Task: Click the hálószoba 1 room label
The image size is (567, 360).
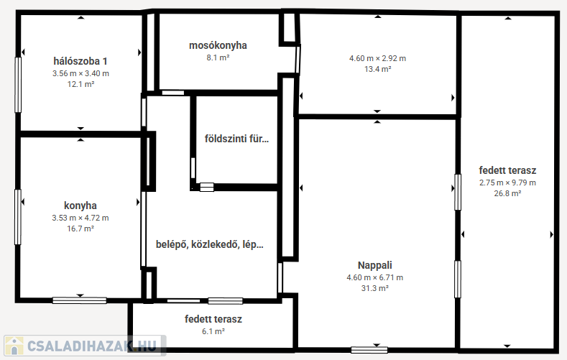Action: [x=80, y=61]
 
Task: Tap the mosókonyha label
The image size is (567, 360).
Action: [x=218, y=45]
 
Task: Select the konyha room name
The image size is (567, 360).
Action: [x=80, y=206]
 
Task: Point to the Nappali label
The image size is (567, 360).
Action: [x=375, y=265]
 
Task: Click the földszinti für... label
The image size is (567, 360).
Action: [x=237, y=139]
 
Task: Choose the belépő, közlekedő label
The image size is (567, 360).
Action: [x=198, y=244]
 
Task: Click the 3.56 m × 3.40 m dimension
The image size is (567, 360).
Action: [x=80, y=73]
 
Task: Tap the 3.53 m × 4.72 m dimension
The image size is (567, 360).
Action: [x=80, y=218]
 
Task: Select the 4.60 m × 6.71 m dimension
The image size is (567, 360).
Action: [x=375, y=277]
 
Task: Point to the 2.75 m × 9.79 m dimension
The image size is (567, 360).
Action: [x=507, y=183]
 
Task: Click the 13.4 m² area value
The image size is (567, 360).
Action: [x=378, y=69]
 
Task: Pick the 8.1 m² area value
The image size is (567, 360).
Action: [x=218, y=57]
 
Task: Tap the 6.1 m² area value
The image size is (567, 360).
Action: [x=213, y=331]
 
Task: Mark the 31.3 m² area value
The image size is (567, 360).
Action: [x=375, y=288]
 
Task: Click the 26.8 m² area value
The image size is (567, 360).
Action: [x=507, y=193]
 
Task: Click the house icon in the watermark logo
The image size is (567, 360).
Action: [x=14, y=346]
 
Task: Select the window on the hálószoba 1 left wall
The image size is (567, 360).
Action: [x=18, y=85]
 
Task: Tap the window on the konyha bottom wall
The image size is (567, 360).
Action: [x=80, y=300]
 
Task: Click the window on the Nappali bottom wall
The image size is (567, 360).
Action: [x=369, y=350]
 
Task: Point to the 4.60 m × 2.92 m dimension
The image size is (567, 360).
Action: [x=377, y=58]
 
